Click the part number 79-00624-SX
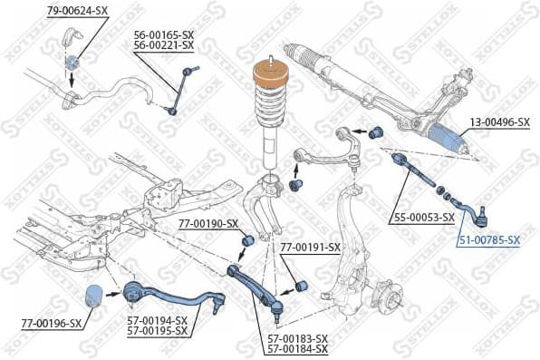[77, 10]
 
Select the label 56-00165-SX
[163, 34]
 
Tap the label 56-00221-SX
[163, 44]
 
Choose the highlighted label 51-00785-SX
[488, 240]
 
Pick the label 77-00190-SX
[206, 223]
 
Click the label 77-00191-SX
[310, 247]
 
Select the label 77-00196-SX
[51, 322]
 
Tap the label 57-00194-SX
[157, 320]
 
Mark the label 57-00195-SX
[157, 331]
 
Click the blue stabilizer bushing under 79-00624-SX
[72, 62]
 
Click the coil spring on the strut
[270, 113]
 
